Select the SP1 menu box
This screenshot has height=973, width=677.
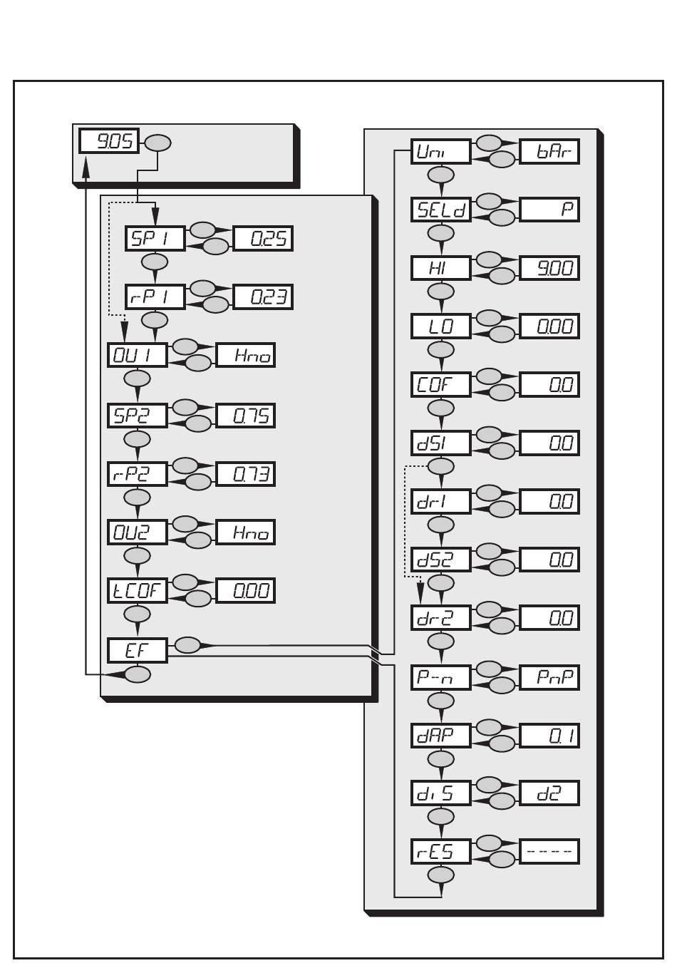[x=155, y=238]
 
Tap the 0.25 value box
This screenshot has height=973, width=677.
[x=263, y=238]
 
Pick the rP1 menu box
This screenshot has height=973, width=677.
[x=155, y=297]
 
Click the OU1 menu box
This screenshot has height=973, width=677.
[x=138, y=355]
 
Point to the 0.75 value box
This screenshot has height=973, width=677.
[x=245, y=416]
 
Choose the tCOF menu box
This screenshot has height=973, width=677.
[x=138, y=590]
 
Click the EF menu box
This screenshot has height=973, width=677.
[x=138, y=650]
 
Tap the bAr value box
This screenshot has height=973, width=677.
[x=549, y=151]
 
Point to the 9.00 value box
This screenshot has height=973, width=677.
[x=549, y=268]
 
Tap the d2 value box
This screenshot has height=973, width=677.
[x=549, y=793]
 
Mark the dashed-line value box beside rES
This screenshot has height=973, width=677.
[x=549, y=851]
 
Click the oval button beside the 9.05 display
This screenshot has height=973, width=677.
[x=157, y=143]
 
